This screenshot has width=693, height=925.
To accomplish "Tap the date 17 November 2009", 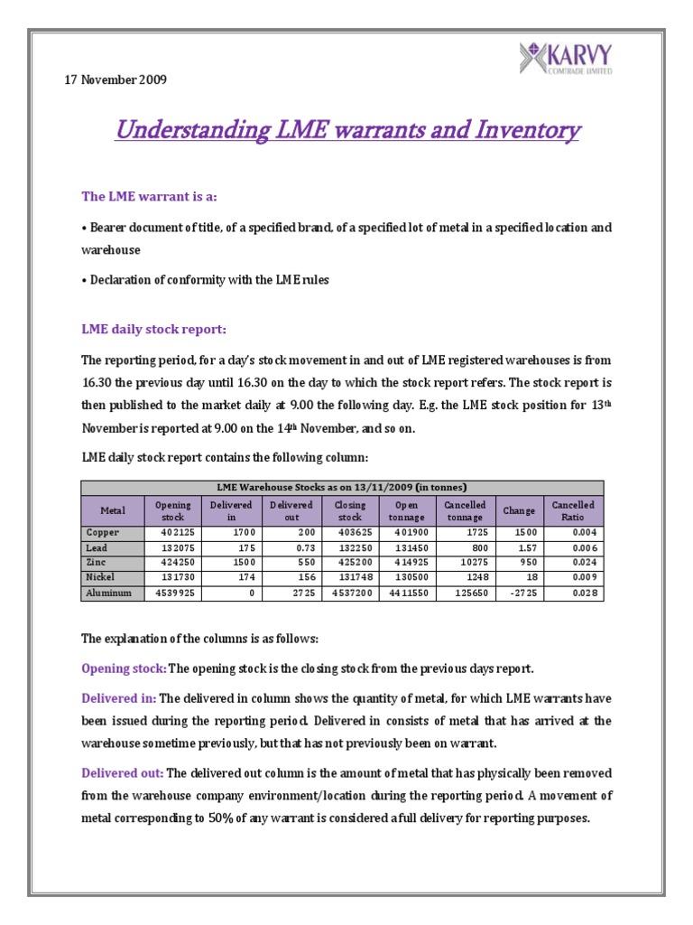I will tap(115, 79).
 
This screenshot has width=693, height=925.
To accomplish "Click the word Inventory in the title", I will tap(519, 131).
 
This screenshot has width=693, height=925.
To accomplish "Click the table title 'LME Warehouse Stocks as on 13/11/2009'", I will tap(342, 487).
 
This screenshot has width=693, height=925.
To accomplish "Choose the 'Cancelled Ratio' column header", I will tap(573, 510).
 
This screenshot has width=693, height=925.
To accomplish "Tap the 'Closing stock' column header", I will tap(350, 510).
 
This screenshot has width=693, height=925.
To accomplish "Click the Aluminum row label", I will tap(109, 593).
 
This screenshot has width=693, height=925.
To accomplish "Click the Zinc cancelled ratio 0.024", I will tap(580, 563).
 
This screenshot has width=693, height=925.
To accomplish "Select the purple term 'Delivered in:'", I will tap(118, 698).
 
